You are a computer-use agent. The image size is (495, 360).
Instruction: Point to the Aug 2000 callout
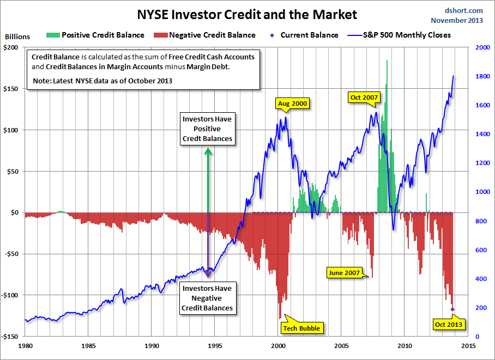click(x=293, y=103)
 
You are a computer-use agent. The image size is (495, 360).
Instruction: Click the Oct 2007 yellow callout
click(x=364, y=97)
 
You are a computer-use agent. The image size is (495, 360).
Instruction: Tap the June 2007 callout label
click(x=345, y=272)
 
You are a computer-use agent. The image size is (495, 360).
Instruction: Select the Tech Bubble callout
click(x=301, y=328)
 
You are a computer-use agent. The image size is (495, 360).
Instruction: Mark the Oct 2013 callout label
click(x=449, y=325)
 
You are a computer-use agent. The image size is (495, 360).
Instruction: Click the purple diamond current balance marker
click(x=452, y=309)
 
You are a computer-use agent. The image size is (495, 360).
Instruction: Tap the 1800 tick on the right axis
click(x=481, y=77)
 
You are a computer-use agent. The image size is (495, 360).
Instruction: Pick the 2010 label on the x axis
click(x=405, y=346)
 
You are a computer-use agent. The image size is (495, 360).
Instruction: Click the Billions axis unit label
click(x=17, y=37)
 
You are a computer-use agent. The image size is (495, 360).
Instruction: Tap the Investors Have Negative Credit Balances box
click(x=207, y=298)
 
